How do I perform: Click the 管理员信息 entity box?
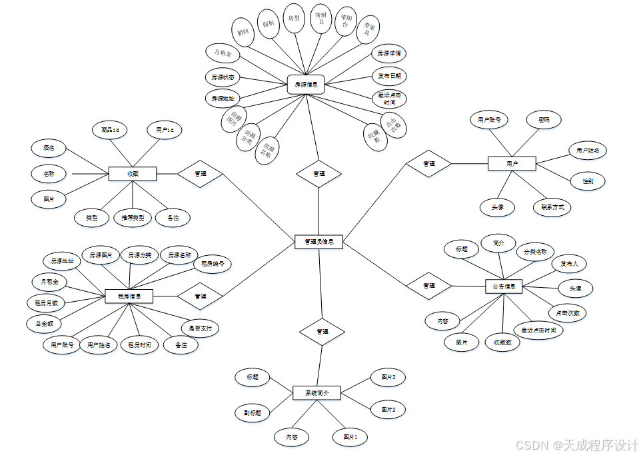tap(319, 242)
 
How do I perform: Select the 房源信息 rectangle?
tap(306, 85)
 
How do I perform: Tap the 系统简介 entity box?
tap(317, 393)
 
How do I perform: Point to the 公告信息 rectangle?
tap(503, 286)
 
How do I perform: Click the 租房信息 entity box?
tap(129, 295)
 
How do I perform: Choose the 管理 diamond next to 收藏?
tap(199, 174)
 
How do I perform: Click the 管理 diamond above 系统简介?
tap(321, 331)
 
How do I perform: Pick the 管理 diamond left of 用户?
tap(428, 163)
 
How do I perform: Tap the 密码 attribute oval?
tap(542, 120)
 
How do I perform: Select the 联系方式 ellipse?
tap(552, 207)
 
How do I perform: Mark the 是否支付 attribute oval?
tap(201, 328)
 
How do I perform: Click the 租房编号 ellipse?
tap(212, 263)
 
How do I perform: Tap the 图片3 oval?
tap(388, 378)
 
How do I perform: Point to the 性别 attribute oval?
tap(588, 181)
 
